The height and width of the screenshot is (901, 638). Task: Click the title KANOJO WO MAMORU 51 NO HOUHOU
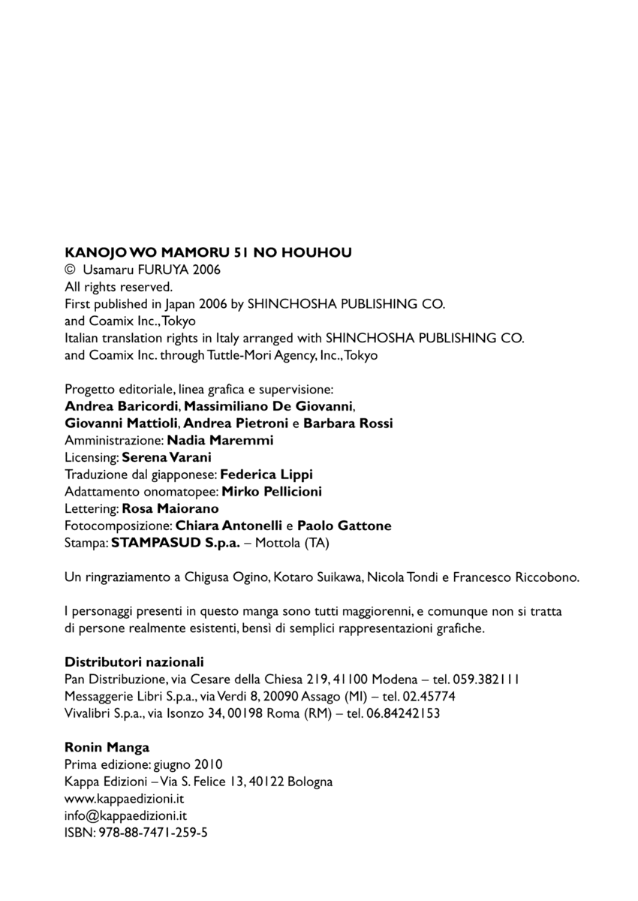(x=208, y=253)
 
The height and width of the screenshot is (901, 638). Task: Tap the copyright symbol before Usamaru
(x=71, y=270)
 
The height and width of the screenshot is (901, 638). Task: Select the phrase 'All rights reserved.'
(x=119, y=287)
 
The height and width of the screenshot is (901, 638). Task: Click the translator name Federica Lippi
(x=266, y=475)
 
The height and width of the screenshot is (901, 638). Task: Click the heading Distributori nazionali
(x=134, y=662)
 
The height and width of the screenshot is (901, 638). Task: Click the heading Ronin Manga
(x=107, y=747)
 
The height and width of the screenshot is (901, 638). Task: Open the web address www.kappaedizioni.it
(x=125, y=798)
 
